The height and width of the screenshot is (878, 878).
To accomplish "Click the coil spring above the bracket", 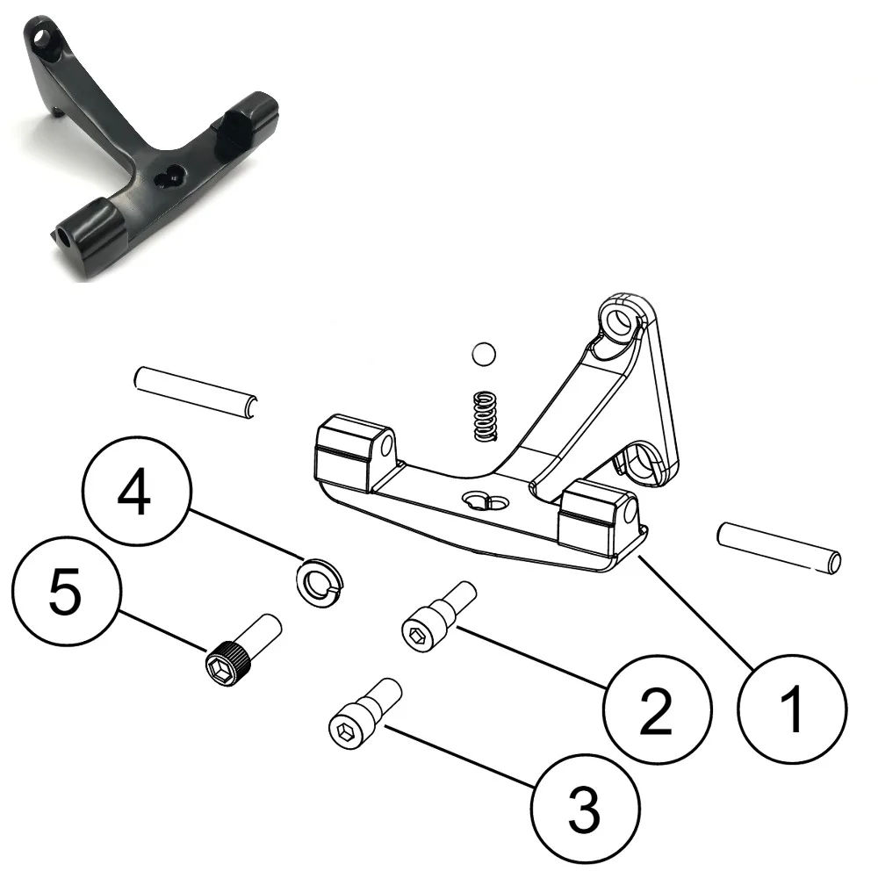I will [x=482, y=415].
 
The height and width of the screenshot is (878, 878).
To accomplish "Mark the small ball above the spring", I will [x=482, y=355].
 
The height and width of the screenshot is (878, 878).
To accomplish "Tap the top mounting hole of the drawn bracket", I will [x=622, y=320].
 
